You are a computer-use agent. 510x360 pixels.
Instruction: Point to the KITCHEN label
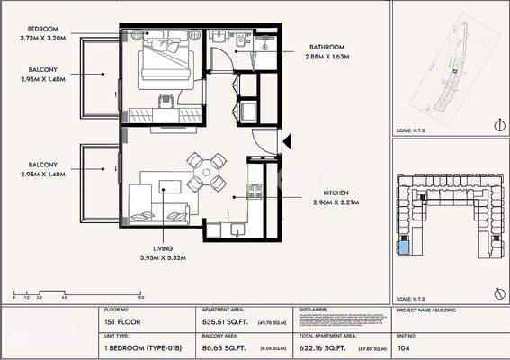pos(329,192)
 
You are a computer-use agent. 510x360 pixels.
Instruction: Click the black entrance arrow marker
pos(287,139)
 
